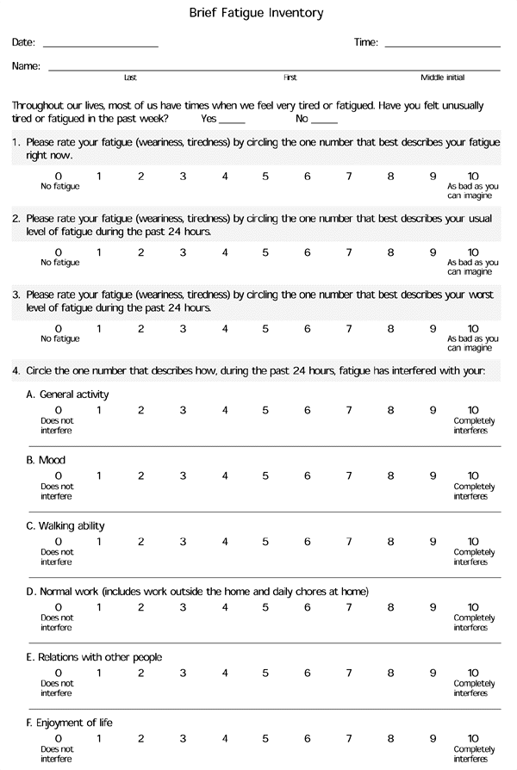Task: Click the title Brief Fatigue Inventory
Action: click(x=257, y=13)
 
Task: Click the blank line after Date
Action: click(x=100, y=45)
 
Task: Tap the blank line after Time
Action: click(x=442, y=45)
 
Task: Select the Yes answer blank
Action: click(x=232, y=122)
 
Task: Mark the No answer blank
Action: click(x=324, y=122)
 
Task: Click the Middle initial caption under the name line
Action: click(x=442, y=78)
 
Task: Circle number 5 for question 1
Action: click(x=265, y=177)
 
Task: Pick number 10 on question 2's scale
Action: click(x=473, y=252)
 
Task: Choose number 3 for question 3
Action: click(x=183, y=328)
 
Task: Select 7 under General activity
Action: click(x=349, y=410)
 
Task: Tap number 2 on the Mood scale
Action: click(x=140, y=475)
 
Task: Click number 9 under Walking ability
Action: click(x=433, y=542)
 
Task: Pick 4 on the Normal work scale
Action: click(x=224, y=607)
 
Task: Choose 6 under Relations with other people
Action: click(x=307, y=673)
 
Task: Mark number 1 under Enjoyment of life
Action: click(x=99, y=738)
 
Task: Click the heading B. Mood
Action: click(x=46, y=460)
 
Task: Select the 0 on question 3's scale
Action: click(x=58, y=328)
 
